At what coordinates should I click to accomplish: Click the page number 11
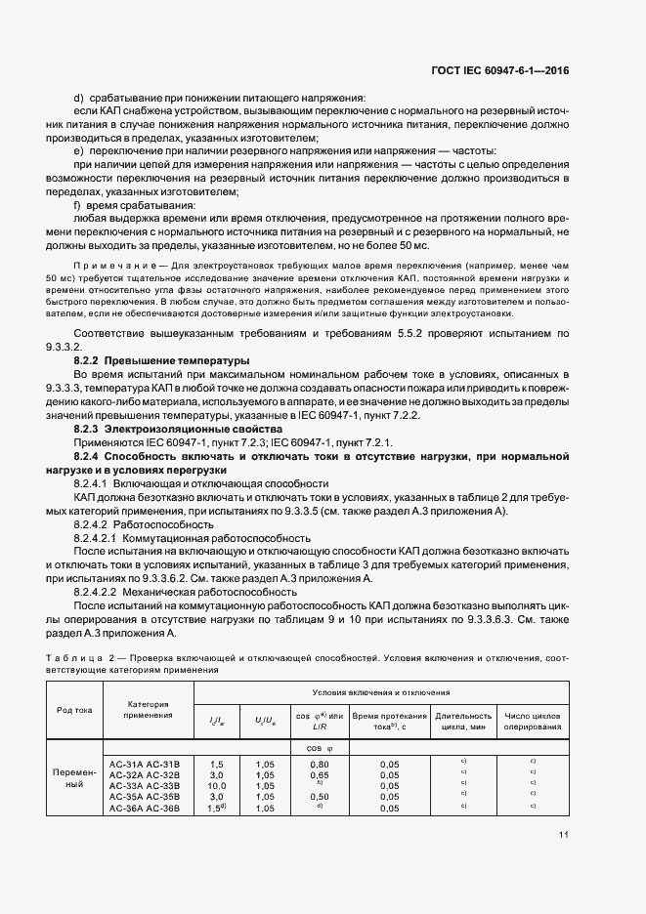(x=564, y=834)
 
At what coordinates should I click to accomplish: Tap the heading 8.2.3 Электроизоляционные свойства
(x=165, y=429)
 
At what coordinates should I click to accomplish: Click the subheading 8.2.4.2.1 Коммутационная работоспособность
(x=192, y=537)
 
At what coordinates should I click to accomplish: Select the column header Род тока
(x=72, y=710)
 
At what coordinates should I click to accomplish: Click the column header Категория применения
(x=148, y=709)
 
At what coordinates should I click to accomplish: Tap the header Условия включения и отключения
(x=381, y=691)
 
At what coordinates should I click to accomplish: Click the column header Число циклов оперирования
(x=533, y=721)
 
